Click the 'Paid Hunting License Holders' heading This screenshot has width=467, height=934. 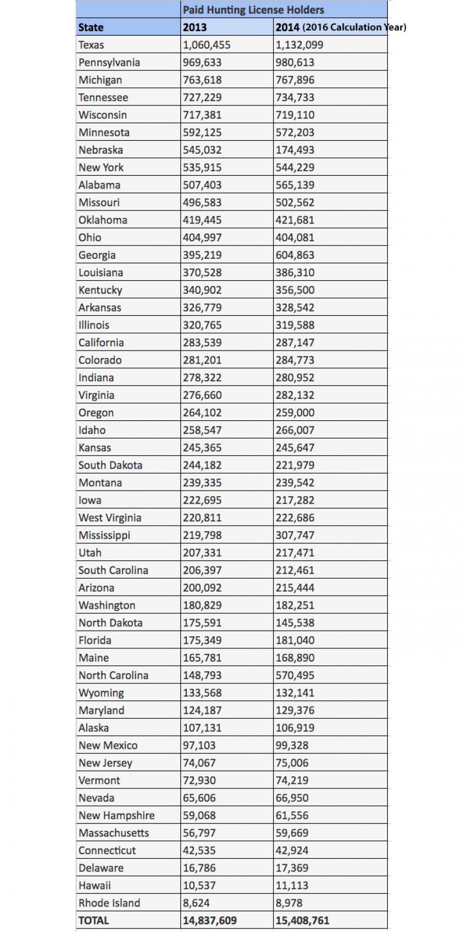click(253, 10)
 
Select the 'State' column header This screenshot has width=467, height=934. click(91, 27)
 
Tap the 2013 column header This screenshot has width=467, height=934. click(194, 27)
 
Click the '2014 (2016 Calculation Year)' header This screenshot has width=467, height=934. click(341, 27)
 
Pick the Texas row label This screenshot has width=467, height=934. click(91, 45)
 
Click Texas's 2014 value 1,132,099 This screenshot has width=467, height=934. click(299, 45)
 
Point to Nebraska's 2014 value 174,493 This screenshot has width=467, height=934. click(295, 150)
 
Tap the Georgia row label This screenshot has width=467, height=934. click(97, 255)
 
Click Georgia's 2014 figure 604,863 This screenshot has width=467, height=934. click(295, 255)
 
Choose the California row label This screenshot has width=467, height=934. click(101, 342)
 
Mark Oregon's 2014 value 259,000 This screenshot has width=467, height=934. click(295, 413)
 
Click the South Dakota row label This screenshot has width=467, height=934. click(110, 465)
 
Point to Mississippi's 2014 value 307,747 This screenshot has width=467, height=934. click(295, 535)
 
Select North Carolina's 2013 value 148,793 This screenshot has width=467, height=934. click(202, 675)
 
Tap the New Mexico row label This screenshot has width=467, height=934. click(108, 746)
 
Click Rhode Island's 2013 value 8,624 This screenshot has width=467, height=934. click(196, 903)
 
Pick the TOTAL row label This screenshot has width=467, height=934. click(94, 920)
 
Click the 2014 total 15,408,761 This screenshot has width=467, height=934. click(303, 920)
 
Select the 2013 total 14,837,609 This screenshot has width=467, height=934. click(210, 920)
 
